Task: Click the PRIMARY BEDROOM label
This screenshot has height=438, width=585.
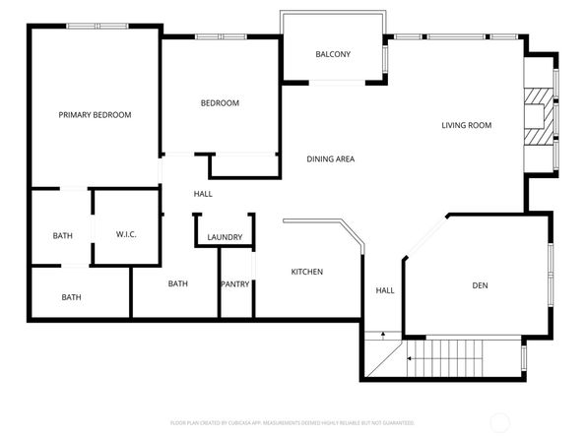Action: pos(95,115)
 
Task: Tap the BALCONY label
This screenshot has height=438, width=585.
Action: pos(333,54)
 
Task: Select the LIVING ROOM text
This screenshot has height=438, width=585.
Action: pos(466,125)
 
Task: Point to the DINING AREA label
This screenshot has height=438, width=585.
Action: pos(330,159)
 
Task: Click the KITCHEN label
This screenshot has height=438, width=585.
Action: pos(306,272)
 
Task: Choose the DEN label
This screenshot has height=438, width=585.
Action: pos(480,285)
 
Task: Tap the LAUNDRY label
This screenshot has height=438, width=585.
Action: pos(225,237)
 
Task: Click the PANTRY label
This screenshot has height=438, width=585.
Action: pos(235,284)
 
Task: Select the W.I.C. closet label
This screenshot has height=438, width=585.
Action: pos(126,234)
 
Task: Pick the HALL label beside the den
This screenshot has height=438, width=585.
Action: pos(384,290)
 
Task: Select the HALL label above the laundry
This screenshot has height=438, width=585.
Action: pos(203,194)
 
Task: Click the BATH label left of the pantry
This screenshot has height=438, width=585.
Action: pos(178,284)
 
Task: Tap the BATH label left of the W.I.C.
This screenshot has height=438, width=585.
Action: pos(62,236)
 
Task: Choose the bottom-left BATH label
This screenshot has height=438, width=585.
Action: pos(72,297)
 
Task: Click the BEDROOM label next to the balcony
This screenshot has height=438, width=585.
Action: pos(220,103)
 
